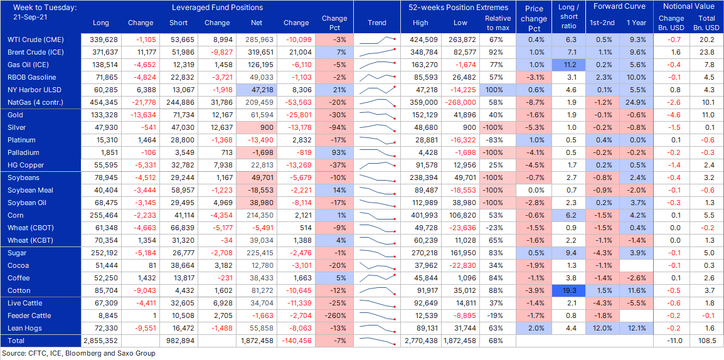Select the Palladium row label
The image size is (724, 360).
[x=23, y=152]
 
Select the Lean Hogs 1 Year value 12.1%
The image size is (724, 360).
[x=636, y=328]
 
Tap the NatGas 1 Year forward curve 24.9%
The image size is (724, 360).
[x=636, y=102]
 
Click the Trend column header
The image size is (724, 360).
[x=377, y=23]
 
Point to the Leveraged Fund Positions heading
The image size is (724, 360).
[x=217, y=8]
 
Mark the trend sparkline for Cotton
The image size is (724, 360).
[x=377, y=290]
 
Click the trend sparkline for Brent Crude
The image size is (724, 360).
[x=377, y=52]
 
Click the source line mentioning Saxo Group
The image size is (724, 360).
[x=78, y=354]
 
